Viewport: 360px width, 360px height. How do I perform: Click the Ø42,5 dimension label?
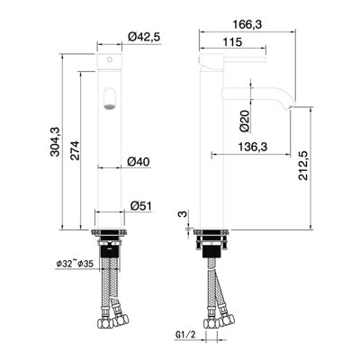pos(144,37)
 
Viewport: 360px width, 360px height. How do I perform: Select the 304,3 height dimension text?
pos(55,141)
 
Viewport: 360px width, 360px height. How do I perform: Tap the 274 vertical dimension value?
pos(76,150)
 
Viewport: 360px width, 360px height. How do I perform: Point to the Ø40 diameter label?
pos(139,162)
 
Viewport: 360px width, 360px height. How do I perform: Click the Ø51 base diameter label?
pos(141,206)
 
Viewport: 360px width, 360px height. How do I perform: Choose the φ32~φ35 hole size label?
pos(75,264)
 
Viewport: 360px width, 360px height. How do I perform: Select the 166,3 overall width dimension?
pos(247,24)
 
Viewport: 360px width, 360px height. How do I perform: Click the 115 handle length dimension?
pos(232,42)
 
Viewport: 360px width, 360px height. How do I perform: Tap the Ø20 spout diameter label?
pos(245,121)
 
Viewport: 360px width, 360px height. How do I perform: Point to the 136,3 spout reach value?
pos(253,147)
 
